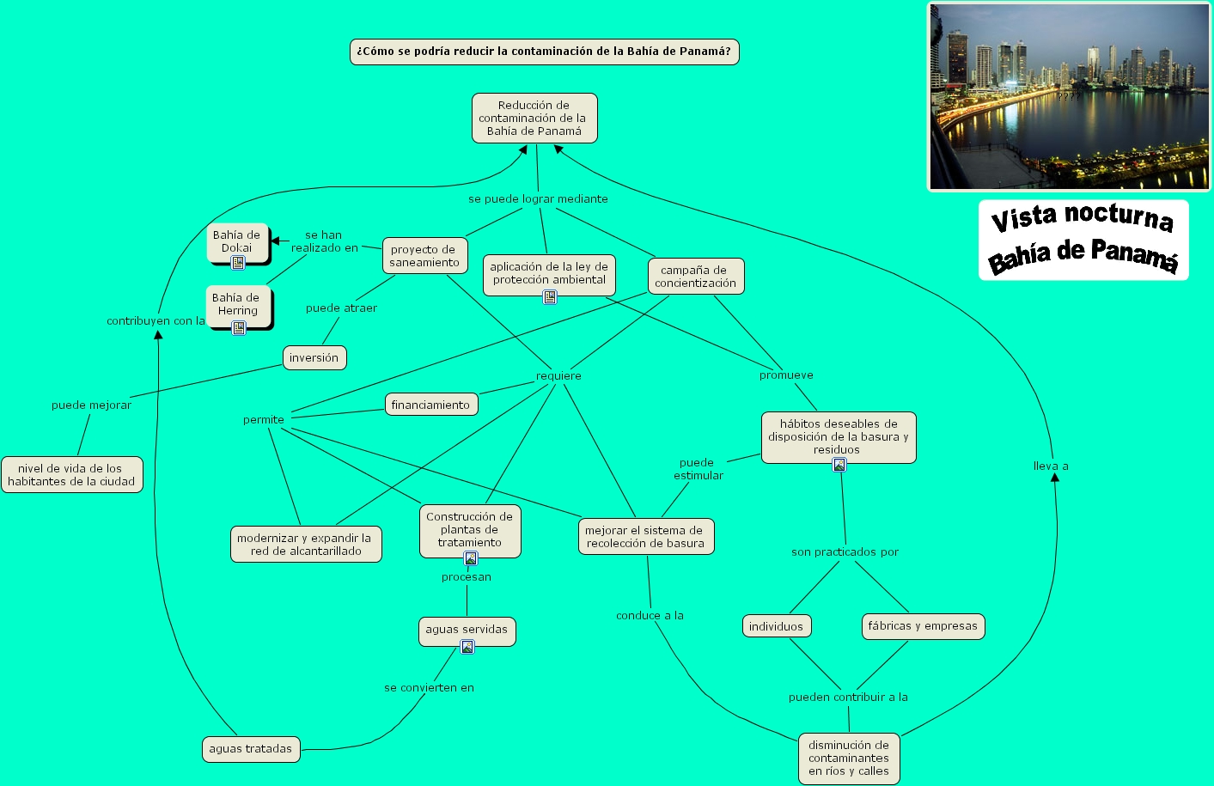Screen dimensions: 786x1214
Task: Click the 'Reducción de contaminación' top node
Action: tap(534, 118)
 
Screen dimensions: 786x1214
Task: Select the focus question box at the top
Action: tap(544, 52)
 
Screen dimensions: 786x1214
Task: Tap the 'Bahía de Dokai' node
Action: tap(236, 241)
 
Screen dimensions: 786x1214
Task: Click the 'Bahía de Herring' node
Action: tap(237, 304)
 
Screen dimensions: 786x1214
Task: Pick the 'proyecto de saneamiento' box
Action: tap(424, 256)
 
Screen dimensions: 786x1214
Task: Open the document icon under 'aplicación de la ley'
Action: tap(550, 297)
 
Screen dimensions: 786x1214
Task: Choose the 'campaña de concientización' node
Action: tap(695, 277)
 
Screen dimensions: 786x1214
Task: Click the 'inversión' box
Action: tap(314, 357)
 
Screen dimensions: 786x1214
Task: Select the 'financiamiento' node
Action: tap(430, 405)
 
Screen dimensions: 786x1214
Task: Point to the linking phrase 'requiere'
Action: tap(558, 375)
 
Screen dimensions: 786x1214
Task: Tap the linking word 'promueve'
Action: tap(786, 375)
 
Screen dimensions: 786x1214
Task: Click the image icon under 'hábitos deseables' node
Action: tap(839, 465)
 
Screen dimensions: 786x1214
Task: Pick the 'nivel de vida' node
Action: tap(71, 475)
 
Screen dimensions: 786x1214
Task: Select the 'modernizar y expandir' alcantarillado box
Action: tap(305, 545)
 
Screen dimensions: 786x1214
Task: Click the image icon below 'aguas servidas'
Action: tap(467, 647)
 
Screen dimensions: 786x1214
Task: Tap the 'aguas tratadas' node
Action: tap(250, 749)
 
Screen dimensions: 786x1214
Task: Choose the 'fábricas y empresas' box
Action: tap(922, 626)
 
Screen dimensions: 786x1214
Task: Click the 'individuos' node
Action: tap(776, 626)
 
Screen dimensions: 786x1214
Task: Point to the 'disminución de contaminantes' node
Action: tap(848, 758)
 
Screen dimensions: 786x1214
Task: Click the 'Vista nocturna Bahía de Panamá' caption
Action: tap(1083, 240)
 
